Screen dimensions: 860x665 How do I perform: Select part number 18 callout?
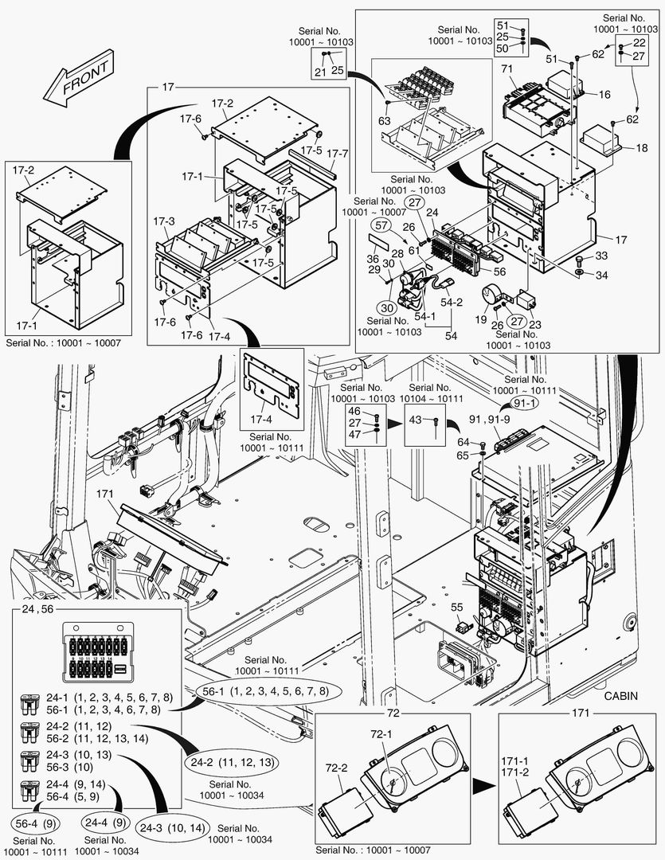coord(642,149)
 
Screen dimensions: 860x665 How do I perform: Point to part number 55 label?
coord(457,607)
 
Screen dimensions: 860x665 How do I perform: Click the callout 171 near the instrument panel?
coord(105,494)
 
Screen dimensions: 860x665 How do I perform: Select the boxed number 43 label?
coord(417,420)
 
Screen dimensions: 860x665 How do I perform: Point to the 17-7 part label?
coord(338,153)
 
